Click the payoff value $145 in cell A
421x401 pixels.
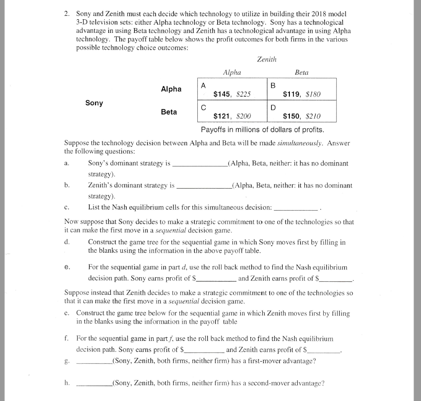coord(222,93)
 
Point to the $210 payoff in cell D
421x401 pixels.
coord(313,116)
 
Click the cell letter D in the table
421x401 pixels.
coord(273,107)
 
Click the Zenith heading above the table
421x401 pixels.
coord(267,59)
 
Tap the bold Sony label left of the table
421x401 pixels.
coord(94,103)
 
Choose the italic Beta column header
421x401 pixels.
coord(301,72)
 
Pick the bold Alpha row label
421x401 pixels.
coord(171,89)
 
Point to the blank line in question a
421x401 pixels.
coord(200,166)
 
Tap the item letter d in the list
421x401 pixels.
coord(67,242)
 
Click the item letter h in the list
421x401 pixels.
coord(67,383)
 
